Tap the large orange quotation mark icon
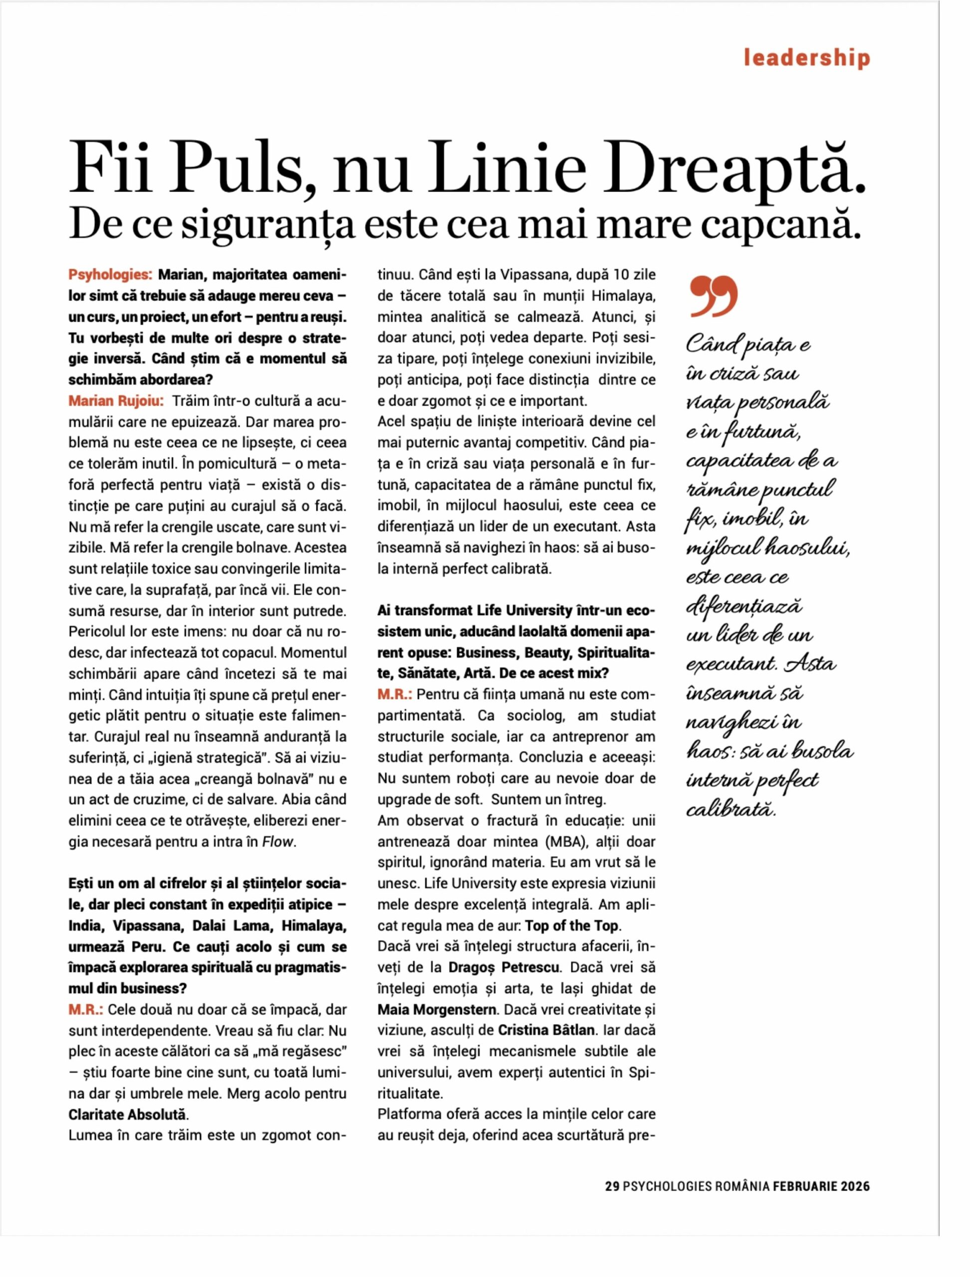click(x=714, y=297)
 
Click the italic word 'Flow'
click(x=278, y=842)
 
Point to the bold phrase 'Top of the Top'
click(x=572, y=926)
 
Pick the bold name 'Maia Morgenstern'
click(x=437, y=1010)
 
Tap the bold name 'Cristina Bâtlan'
click(x=546, y=1031)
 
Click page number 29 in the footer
click(x=612, y=1187)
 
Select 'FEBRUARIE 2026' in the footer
click(x=821, y=1187)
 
